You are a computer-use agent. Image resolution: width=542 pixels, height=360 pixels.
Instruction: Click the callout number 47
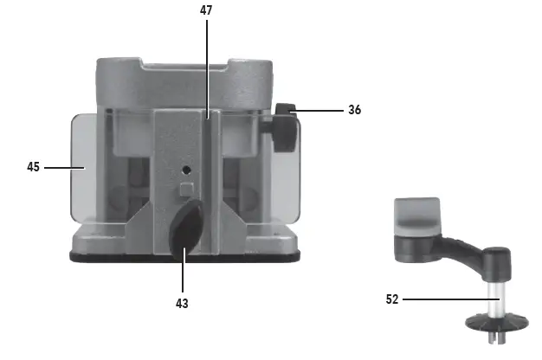pos(206,10)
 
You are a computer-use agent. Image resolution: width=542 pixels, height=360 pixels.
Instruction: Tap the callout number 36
pos(355,110)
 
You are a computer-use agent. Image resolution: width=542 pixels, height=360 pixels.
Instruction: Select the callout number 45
pos(33,167)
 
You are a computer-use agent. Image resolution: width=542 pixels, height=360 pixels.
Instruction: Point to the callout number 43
pos(182,304)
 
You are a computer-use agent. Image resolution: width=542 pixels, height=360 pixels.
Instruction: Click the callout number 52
pos(392,299)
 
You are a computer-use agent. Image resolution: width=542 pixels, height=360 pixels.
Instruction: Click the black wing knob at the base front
pos(186,229)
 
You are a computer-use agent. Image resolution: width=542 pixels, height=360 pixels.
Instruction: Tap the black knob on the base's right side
pos(284,128)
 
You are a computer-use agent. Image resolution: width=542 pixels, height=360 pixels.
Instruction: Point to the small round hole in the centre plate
pos(186,170)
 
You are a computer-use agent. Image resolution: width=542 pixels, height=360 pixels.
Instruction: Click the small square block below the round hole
pos(187,190)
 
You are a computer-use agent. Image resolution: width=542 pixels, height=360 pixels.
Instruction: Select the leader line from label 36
pos(317,111)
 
